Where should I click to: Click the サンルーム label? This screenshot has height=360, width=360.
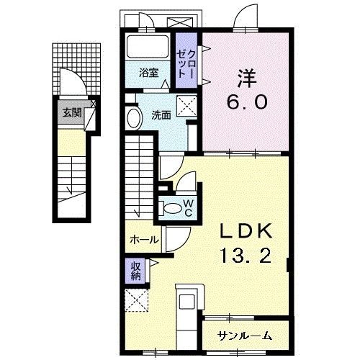(246, 334)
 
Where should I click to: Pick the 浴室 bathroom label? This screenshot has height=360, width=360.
(149, 72)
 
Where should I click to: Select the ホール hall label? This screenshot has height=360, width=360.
(143, 240)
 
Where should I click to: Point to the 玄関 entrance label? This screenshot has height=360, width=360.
(71, 112)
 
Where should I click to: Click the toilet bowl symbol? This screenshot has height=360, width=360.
(173, 208)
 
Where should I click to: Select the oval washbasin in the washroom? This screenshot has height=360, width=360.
(135, 119)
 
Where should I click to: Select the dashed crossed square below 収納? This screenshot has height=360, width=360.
(135, 301)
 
